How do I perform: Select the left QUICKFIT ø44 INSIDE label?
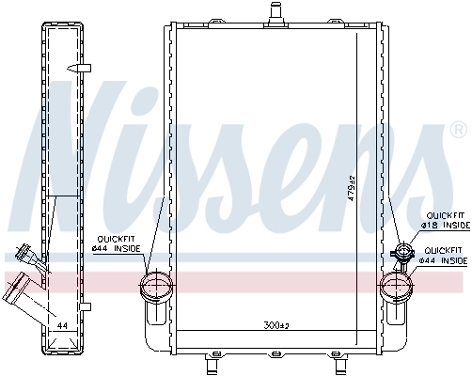pyautogui.click(x=118, y=243)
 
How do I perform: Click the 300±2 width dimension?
pyautogui.click(x=275, y=326)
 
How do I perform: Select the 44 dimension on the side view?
pyautogui.click(x=62, y=326)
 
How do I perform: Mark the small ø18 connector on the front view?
pyautogui.click(x=403, y=252)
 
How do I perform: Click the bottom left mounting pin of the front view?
pyautogui.click(x=212, y=360)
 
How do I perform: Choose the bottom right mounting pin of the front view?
pyautogui.click(x=337, y=360)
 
